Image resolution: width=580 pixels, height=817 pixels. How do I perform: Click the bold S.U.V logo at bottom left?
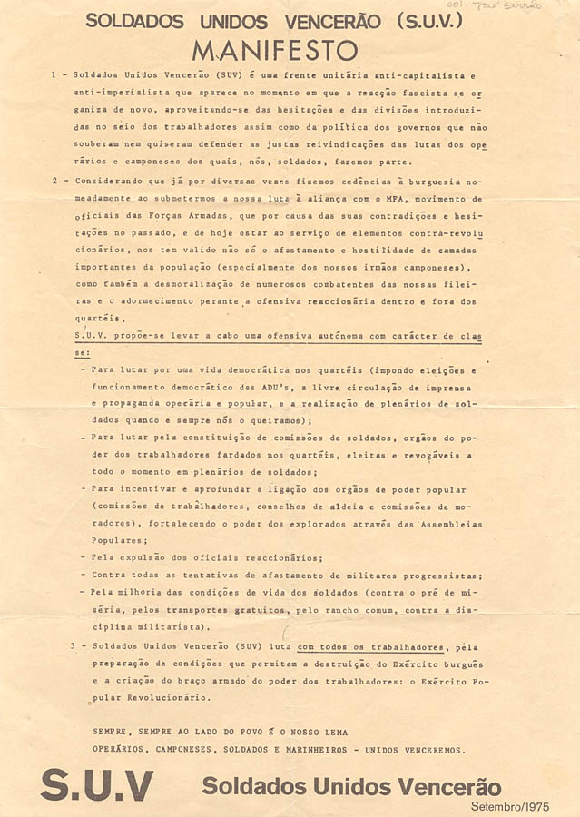96,784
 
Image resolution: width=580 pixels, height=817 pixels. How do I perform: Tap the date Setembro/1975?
510,806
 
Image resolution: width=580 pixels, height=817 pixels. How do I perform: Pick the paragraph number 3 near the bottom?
73,646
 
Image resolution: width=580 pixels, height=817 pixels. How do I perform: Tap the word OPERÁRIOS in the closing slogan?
121,750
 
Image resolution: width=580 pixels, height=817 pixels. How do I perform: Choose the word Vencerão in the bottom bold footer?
448,785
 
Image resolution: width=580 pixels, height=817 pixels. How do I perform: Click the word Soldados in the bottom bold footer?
244,785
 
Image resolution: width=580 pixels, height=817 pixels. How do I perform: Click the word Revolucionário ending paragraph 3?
162,698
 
